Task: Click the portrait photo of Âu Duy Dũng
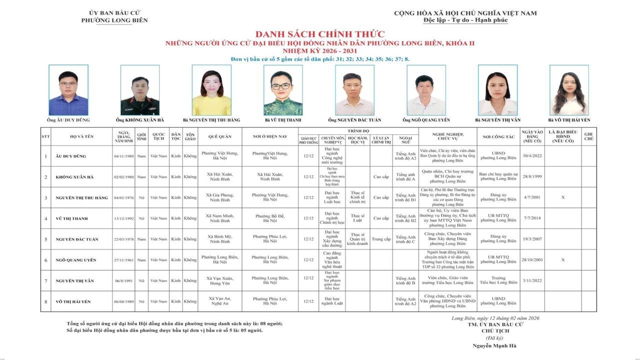click(x=68, y=90)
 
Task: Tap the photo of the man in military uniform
click(x=140, y=90)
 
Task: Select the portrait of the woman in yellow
click(x=211, y=90)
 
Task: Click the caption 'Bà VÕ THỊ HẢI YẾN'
click(x=569, y=120)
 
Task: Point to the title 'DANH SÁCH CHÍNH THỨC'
click(x=320, y=34)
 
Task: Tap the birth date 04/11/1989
click(x=124, y=156)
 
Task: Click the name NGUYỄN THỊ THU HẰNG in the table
click(x=81, y=197)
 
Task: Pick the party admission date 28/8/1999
click(x=532, y=177)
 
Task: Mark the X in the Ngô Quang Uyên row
click(x=563, y=260)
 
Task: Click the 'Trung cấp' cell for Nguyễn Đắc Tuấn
click(x=381, y=239)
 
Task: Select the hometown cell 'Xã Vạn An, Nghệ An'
click(x=219, y=301)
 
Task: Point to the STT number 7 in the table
click(x=45, y=281)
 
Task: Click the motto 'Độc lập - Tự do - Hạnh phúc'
click(x=465, y=20)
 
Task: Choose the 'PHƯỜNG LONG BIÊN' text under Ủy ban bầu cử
click(x=114, y=20)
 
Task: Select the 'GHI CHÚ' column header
click(x=588, y=136)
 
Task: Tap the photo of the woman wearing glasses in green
click(x=283, y=90)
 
